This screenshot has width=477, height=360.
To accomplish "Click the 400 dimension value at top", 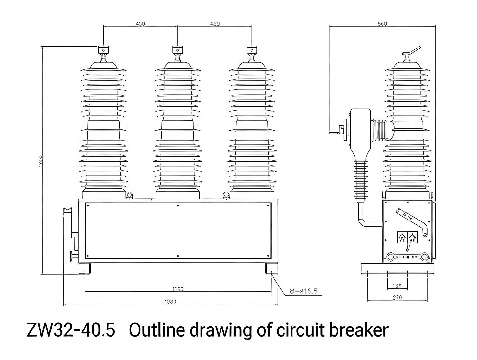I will coord(140,24).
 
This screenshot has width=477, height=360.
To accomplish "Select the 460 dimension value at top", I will coord(215,24).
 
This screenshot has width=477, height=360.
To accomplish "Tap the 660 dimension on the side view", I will coord(382,24).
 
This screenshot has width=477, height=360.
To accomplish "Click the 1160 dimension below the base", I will coord(177,289).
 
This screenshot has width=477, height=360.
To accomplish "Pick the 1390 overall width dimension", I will coord(170,301).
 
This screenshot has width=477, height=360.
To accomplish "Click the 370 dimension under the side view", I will coord(397,298).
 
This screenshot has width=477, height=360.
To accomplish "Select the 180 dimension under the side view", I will coord(397,286).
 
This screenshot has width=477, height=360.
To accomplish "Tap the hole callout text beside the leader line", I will coord(303,291).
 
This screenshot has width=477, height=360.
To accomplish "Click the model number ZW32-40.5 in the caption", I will coord(71,330).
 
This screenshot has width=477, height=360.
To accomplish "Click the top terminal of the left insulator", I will coord(103,50).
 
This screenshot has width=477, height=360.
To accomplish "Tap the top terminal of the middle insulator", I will coord(177,50).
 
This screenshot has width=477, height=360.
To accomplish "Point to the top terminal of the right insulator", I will coord(252,50).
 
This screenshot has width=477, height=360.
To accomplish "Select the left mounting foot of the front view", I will coord(85,268).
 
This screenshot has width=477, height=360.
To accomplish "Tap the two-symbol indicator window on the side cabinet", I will coord(407,238).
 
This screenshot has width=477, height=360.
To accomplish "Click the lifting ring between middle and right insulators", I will coord(226,195).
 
